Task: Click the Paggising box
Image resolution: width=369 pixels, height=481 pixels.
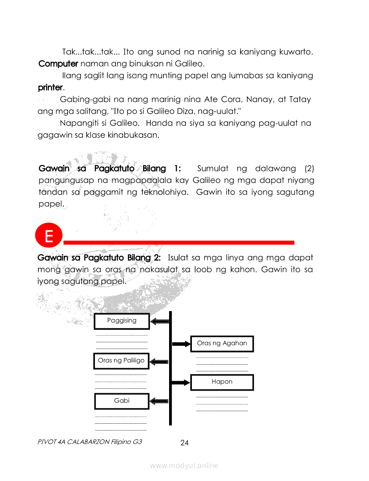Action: click(x=122, y=321)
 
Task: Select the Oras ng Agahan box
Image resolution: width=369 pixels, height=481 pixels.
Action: click(x=222, y=344)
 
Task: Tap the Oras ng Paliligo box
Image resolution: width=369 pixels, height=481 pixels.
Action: click(x=121, y=361)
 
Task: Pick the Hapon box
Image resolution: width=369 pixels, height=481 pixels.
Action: click(x=222, y=382)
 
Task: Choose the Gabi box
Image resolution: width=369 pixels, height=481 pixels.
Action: click(x=122, y=401)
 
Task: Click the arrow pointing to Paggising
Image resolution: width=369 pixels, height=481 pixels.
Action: click(x=160, y=321)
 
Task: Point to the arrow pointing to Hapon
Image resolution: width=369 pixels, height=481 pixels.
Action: click(x=181, y=383)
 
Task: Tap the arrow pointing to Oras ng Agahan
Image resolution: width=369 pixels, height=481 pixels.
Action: click(x=181, y=344)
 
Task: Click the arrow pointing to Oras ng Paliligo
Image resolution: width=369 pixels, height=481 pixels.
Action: click(x=160, y=361)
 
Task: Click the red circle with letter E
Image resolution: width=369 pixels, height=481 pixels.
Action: click(x=48, y=236)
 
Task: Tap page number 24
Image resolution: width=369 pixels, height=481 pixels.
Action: click(x=184, y=443)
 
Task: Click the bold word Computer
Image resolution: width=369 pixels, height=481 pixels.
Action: click(x=58, y=64)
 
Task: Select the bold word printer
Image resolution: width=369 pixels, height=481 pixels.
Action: click(x=51, y=87)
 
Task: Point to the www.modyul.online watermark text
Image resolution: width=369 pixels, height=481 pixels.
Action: click(x=184, y=466)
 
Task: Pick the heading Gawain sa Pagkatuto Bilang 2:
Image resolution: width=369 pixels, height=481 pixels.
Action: click(x=99, y=258)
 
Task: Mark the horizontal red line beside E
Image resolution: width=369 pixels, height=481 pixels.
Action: click(x=179, y=243)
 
